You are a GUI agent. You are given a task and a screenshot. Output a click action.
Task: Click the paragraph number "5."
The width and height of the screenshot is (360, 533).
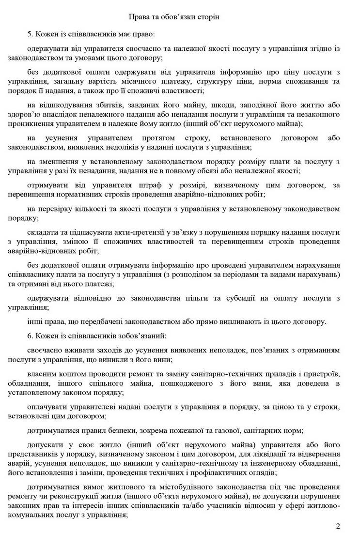tap(31, 35)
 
